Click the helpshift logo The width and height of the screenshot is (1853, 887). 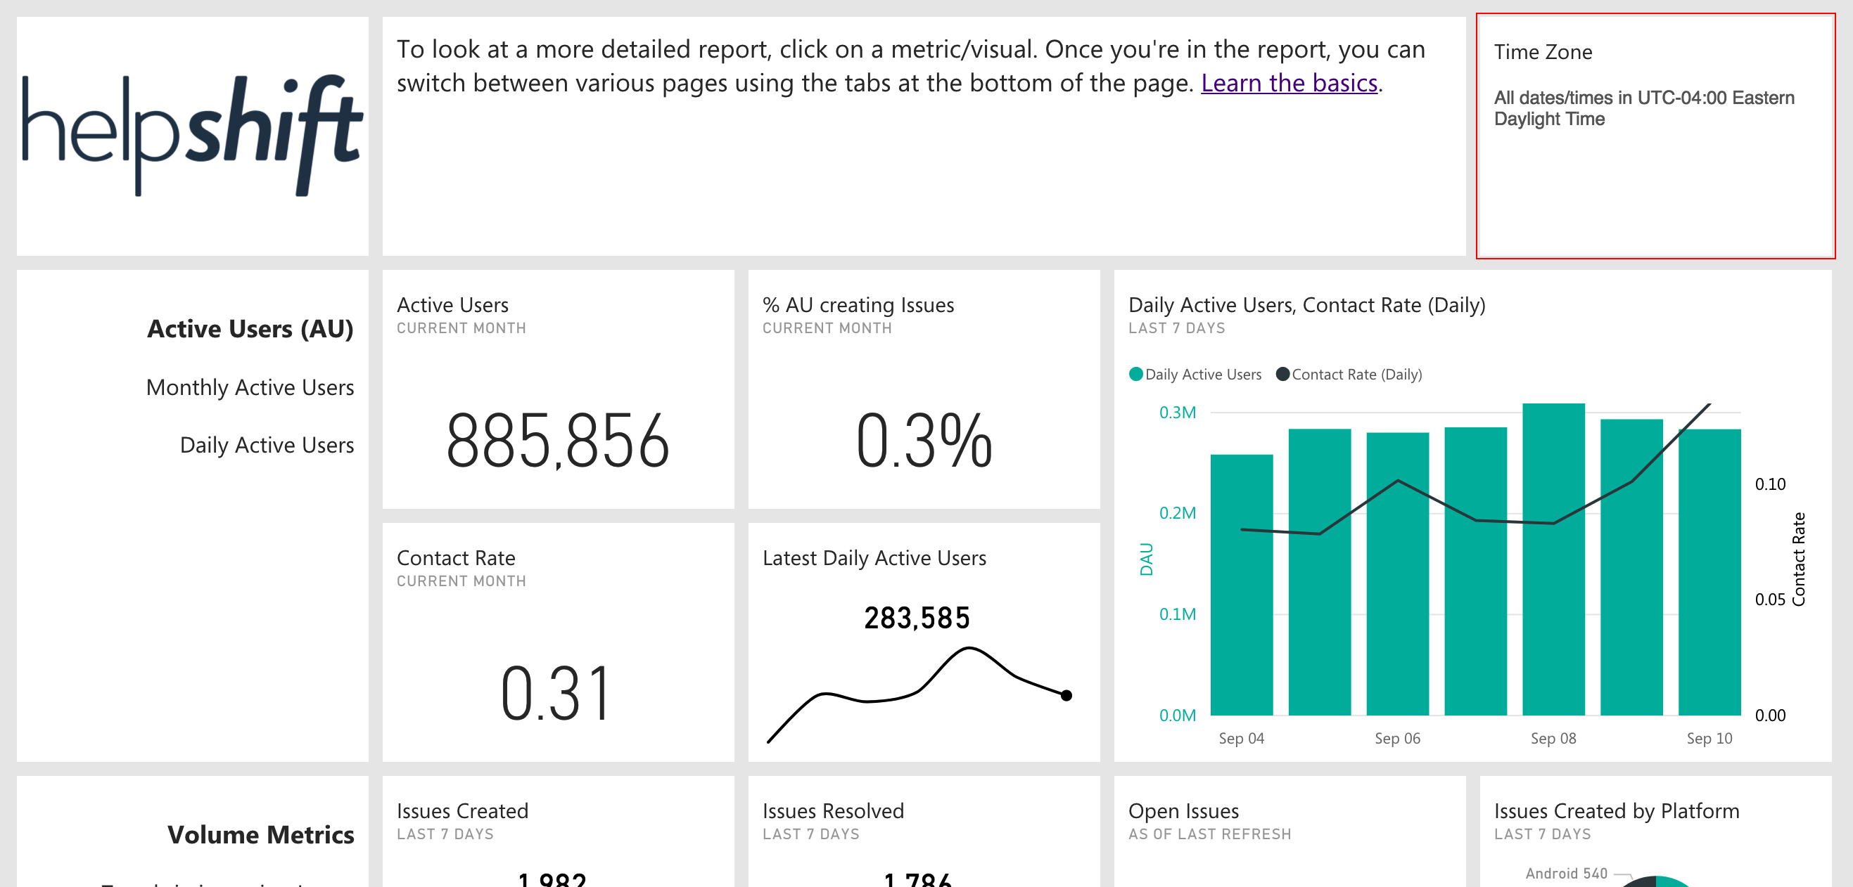[x=192, y=134]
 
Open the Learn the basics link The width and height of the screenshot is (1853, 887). [x=1289, y=84]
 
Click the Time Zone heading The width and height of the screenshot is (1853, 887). [x=1542, y=52]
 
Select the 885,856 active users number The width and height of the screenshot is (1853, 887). [x=557, y=441]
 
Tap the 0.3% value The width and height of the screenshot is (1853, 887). [x=924, y=441]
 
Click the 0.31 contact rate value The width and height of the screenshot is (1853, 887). [x=555, y=694]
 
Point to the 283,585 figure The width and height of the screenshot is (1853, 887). [x=917, y=617]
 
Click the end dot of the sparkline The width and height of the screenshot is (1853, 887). [x=1066, y=695]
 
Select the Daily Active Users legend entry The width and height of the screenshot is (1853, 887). [x=1202, y=375]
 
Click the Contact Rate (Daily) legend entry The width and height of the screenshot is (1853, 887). [x=1356, y=375]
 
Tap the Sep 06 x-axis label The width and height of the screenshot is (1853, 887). [x=1397, y=738]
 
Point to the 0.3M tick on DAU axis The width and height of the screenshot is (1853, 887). [x=1177, y=413]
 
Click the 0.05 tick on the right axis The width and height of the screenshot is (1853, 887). [x=1769, y=600]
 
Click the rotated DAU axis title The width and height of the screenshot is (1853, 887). [x=1146, y=559]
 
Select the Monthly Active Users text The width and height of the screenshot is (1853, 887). [x=250, y=387]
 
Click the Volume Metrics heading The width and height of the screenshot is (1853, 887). [x=260, y=834]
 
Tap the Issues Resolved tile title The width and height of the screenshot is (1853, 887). [x=832, y=811]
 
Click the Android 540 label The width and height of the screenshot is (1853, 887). [x=1565, y=874]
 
